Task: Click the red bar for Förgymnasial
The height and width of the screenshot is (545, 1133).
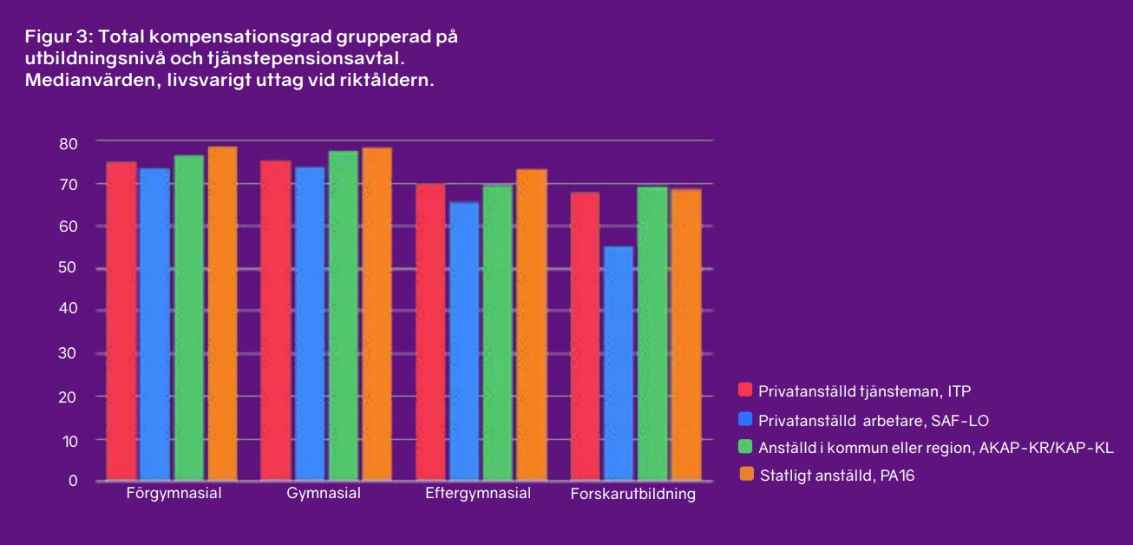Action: pos(121,320)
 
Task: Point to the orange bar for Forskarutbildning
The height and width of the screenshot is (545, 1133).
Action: pos(686,334)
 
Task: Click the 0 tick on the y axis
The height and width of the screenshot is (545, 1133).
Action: pos(74,480)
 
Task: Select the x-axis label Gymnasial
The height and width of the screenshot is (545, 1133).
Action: pos(324,494)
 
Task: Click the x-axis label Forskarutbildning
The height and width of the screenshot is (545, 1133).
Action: pos(632,495)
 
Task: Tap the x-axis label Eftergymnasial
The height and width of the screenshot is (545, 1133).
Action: pos(478,494)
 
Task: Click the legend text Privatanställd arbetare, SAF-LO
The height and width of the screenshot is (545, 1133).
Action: pos(873,420)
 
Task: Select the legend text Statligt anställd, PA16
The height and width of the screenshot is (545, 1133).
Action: pos(837,475)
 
